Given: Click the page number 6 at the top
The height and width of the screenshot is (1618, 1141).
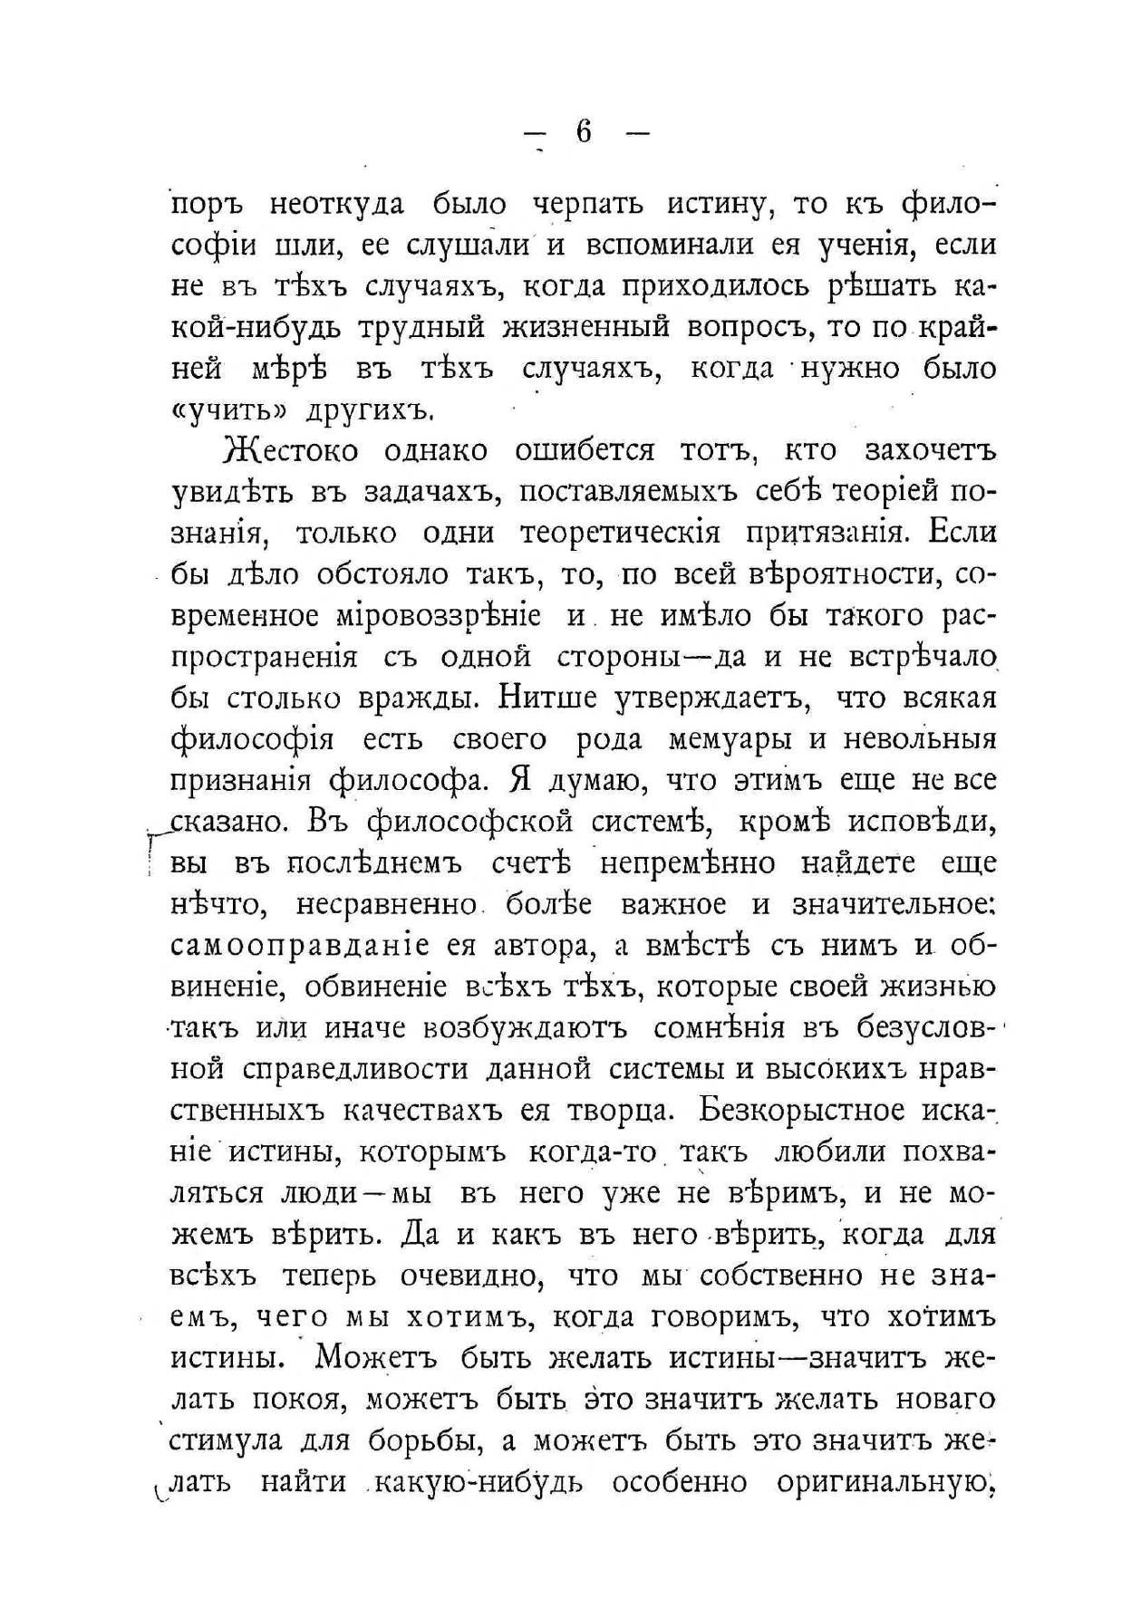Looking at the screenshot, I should (x=583, y=132).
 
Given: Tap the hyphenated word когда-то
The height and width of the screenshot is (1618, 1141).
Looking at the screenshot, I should (x=598, y=1151).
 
